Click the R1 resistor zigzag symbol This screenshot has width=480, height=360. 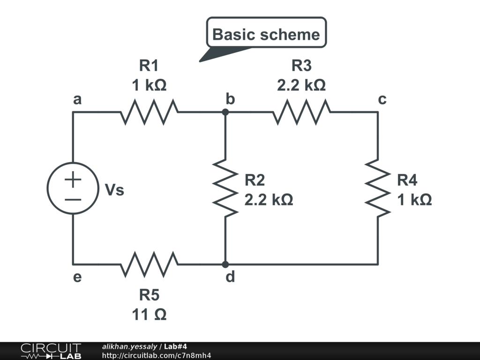coord(149,112)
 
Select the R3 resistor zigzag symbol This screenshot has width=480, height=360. coord(301,112)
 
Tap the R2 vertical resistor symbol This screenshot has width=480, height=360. coord(225,188)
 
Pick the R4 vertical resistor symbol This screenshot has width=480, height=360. coord(378,188)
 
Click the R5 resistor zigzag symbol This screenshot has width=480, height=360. coord(149,264)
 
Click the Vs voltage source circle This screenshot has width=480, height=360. coord(73,188)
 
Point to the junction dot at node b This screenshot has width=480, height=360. coord(225,112)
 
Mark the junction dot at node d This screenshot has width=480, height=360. coord(225,264)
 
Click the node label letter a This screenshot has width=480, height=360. coord(77,99)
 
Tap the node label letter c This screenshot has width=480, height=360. coord(382,99)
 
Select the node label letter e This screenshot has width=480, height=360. coord(77,277)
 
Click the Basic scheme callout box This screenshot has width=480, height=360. coord(266,34)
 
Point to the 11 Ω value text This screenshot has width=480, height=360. coord(149,315)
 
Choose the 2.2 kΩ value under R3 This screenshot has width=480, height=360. coord(301,85)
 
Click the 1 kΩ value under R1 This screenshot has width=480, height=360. coord(149,85)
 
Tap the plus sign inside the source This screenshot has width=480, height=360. coord(73,179)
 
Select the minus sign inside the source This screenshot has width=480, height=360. coord(73,199)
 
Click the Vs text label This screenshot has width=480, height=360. coord(114,190)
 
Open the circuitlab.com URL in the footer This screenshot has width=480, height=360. coord(157,355)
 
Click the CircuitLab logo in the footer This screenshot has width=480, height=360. coord(51,351)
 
